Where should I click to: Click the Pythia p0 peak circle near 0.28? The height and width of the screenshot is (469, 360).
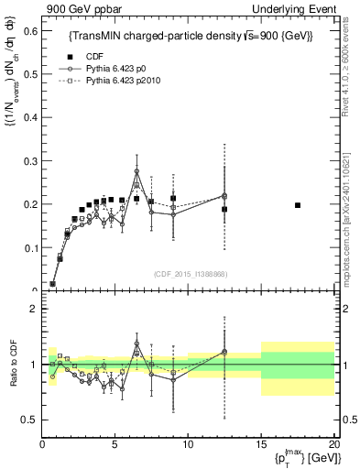[x=136, y=171]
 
